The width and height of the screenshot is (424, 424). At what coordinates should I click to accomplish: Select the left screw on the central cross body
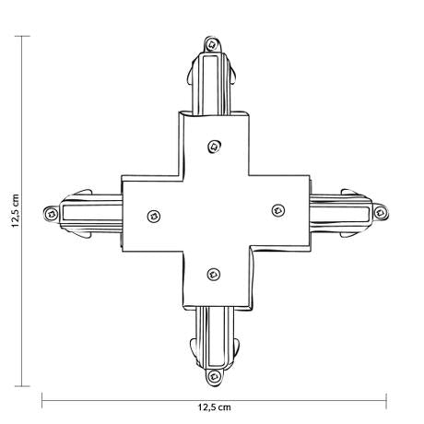tap(152, 217)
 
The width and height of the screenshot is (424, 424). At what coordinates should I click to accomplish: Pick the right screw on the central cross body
tap(276, 209)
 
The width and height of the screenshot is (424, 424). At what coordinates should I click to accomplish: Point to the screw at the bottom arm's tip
tap(216, 376)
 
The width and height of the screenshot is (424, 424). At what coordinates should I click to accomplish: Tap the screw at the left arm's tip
tap(49, 214)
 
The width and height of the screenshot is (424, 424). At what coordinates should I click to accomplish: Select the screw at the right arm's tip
tap(378, 211)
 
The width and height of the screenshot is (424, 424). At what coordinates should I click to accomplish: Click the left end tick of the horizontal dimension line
tap(42, 398)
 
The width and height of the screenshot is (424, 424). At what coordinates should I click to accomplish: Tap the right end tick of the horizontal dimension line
tap(385, 398)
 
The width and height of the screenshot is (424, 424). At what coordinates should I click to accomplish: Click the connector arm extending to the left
tap(88, 213)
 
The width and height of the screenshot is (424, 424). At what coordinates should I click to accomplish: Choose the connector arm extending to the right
tap(341, 211)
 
